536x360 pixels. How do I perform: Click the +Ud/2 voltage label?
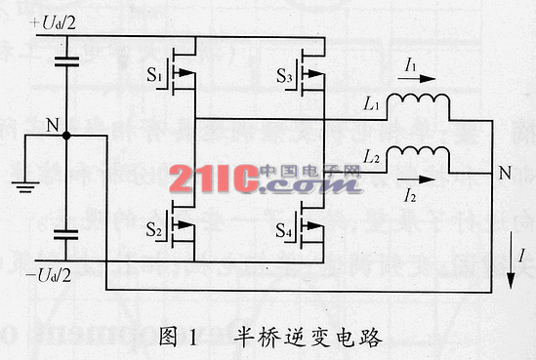[x=53, y=22]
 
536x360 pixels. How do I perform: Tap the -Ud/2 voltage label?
[x=49, y=275]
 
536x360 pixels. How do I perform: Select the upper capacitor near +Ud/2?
[x=66, y=61]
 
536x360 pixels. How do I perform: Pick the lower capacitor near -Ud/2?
[x=66, y=235]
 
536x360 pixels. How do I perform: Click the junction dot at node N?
[x=66, y=136]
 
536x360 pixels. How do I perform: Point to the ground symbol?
[x=25, y=187]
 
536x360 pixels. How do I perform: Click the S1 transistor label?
[x=154, y=75]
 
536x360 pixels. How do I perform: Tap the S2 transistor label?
[x=153, y=229]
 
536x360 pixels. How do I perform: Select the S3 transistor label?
[x=284, y=76]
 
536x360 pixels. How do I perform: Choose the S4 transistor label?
[x=284, y=230]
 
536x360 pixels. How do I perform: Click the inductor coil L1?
[x=418, y=99]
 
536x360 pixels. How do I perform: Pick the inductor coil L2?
[x=418, y=152]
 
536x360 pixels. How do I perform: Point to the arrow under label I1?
[x=417, y=79]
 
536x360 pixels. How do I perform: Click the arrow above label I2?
[x=416, y=180]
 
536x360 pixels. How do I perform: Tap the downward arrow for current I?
[x=511, y=260]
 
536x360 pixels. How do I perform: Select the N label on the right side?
[x=505, y=173]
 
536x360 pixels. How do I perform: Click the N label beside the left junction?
[x=53, y=125]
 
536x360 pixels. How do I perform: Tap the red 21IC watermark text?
[x=214, y=179]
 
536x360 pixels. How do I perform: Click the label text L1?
[x=371, y=103]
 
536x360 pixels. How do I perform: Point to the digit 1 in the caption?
[x=193, y=337]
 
